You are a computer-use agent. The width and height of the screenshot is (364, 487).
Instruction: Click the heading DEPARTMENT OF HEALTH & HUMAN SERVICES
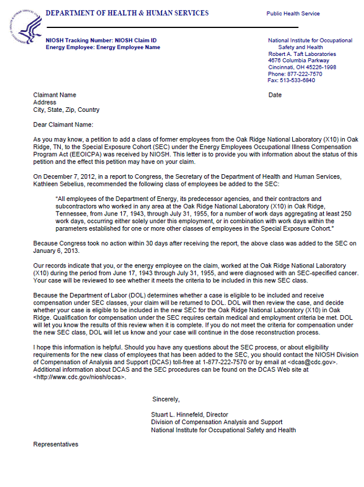[x=127, y=13]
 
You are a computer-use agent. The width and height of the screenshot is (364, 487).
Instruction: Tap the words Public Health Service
[x=293, y=13]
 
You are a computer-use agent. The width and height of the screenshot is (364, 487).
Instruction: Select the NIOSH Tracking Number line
[x=101, y=40]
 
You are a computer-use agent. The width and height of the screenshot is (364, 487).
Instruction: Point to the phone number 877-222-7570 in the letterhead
[x=303, y=74]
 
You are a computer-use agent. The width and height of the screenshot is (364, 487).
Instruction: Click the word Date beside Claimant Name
[x=275, y=95]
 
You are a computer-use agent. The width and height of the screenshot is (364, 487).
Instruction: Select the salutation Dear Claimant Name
[x=63, y=125]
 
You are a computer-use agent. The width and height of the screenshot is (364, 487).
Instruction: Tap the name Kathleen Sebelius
[x=56, y=184]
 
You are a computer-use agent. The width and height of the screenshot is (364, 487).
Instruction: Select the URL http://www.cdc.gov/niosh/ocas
[x=80, y=377]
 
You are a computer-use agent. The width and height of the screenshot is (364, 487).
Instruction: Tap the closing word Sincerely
[x=166, y=399]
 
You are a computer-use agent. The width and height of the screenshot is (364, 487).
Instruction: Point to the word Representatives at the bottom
[x=55, y=444]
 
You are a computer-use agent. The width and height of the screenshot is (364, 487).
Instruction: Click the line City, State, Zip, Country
[x=66, y=110]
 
